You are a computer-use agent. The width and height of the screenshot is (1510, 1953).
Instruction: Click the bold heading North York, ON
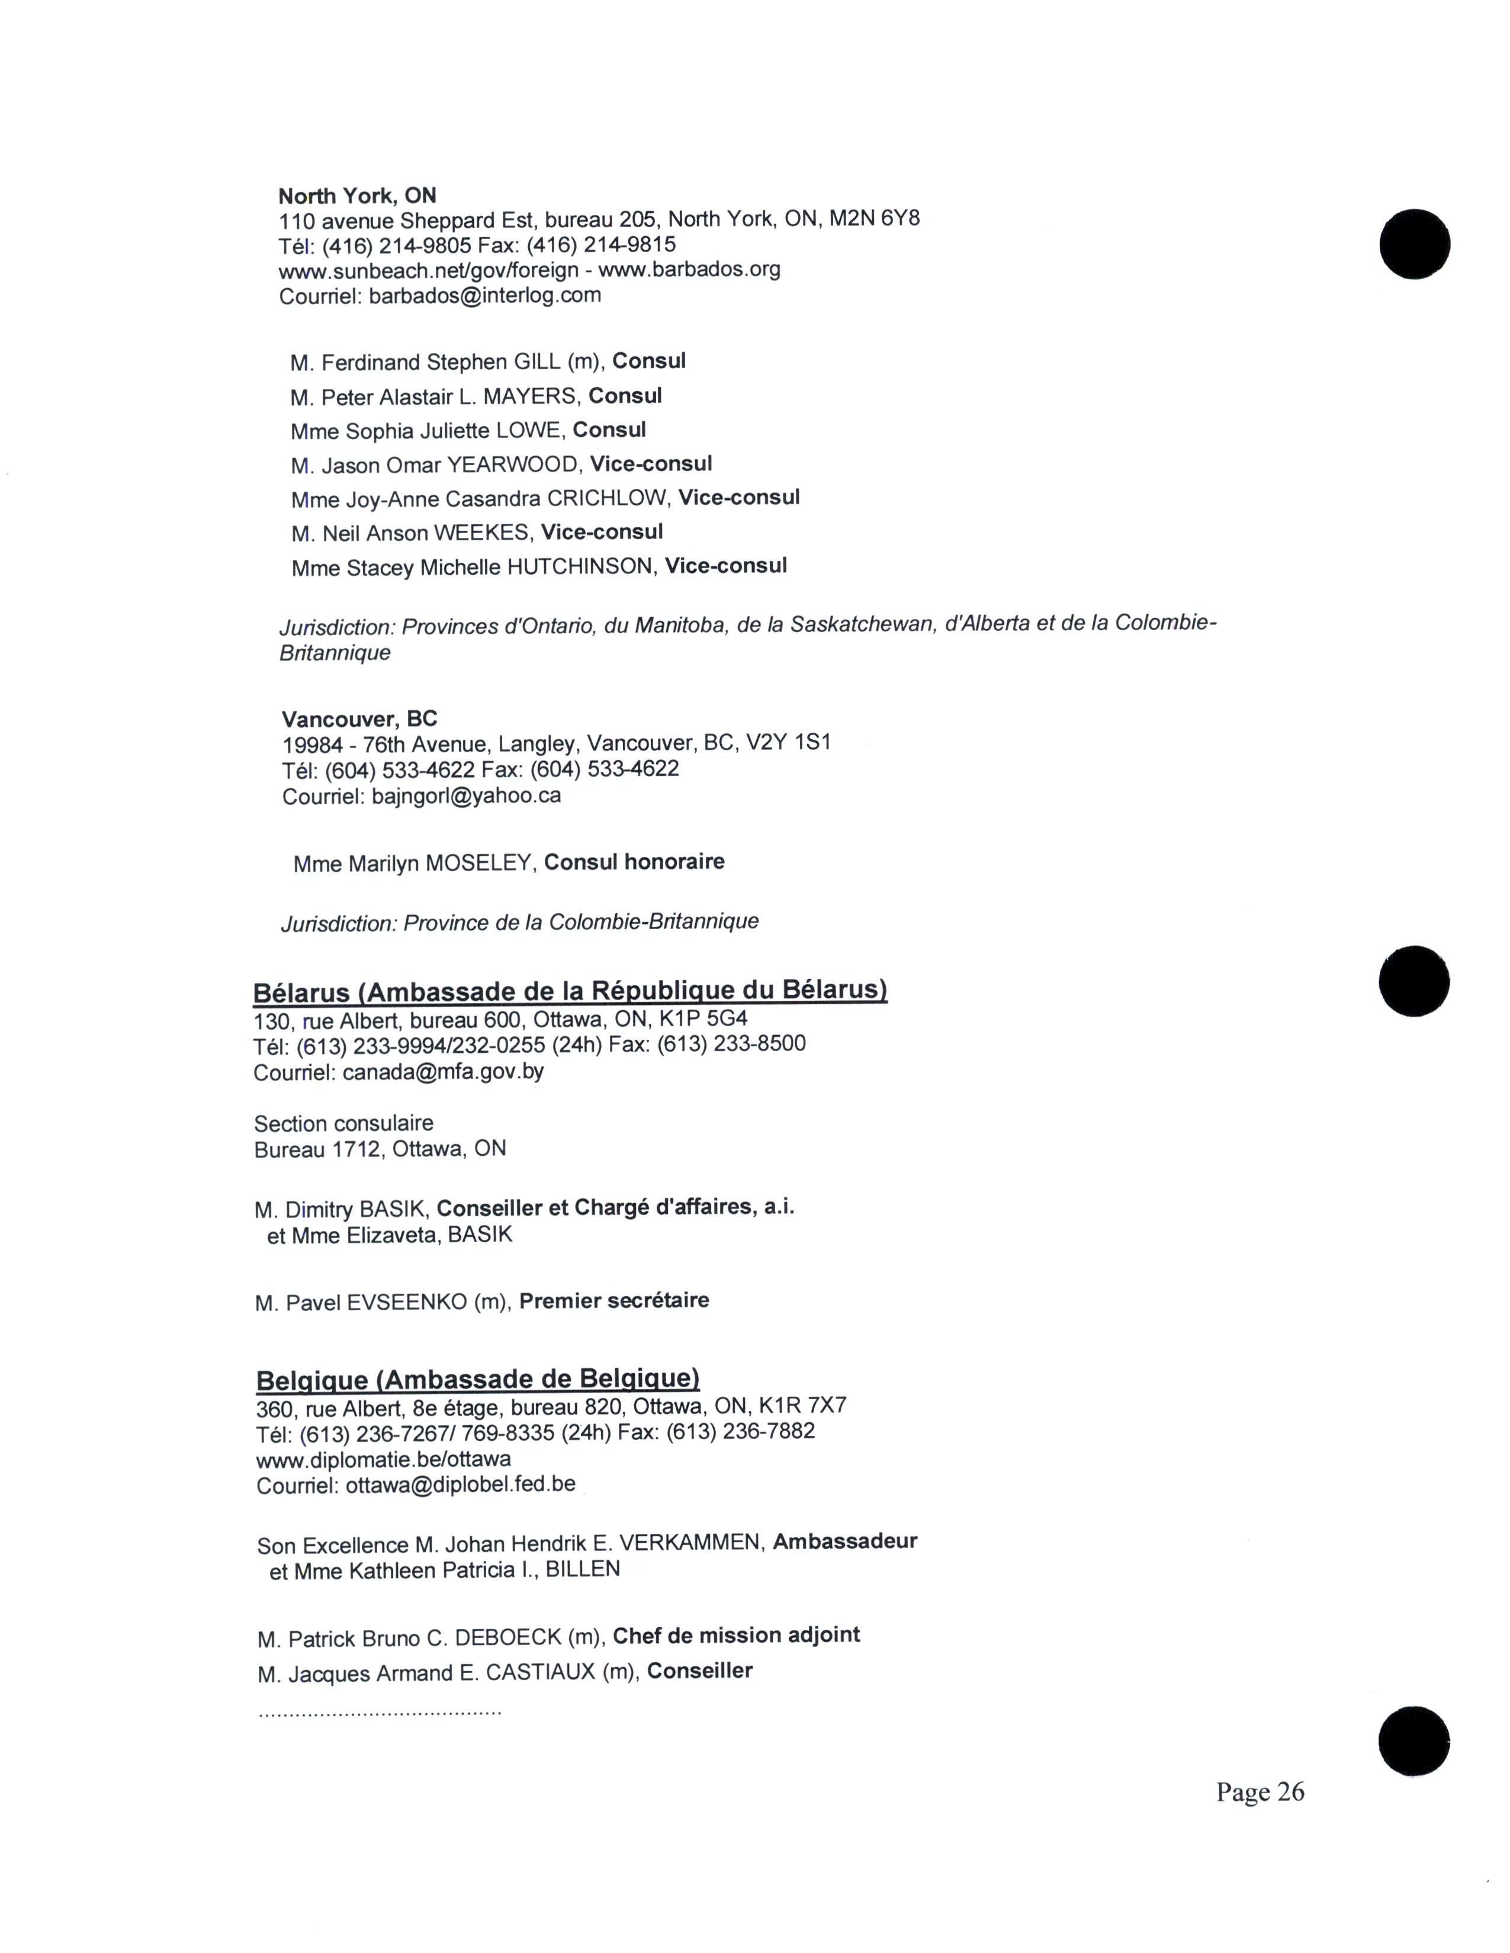357,196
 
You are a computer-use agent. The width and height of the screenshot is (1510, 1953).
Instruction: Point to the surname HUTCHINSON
580,567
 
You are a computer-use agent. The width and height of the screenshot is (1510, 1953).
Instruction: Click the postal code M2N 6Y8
874,219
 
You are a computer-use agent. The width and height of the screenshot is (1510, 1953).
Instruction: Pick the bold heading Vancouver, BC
359,719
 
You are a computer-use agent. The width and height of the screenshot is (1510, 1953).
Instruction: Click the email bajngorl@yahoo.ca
466,796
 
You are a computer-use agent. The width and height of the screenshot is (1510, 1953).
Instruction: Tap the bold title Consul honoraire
634,862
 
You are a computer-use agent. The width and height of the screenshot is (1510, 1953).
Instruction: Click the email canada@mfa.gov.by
443,1071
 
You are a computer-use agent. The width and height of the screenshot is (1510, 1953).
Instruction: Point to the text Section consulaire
343,1123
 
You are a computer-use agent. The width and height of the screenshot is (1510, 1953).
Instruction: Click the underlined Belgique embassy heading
478,1379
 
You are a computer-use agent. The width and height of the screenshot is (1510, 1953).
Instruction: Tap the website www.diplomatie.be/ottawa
384,1459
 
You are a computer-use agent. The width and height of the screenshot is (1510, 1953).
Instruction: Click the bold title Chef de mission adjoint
736,1636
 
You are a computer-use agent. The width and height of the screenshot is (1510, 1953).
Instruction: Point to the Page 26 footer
1260,1791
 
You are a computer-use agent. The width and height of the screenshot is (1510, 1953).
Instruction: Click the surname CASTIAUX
540,1672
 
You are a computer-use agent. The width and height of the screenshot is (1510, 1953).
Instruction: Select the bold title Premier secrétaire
613,1300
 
